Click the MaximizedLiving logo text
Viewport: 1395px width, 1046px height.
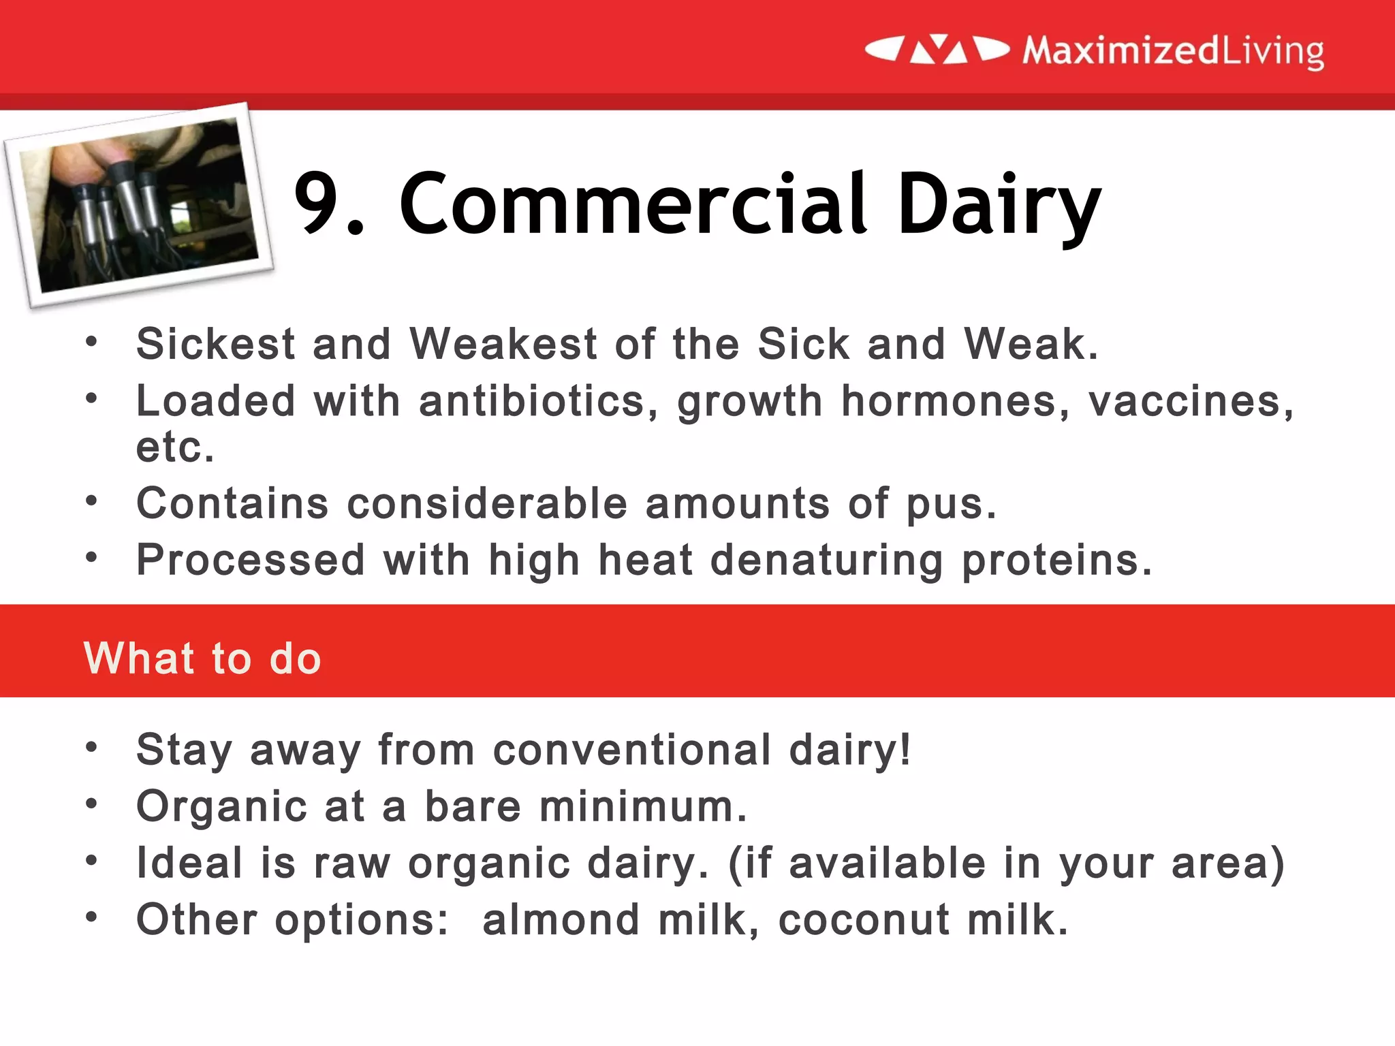pos(1173,50)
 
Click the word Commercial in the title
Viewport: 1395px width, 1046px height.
pos(633,204)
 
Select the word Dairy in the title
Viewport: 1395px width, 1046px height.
pos(999,204)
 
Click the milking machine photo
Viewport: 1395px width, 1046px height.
pos(139,204)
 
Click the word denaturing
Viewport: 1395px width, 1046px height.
pos(826,561)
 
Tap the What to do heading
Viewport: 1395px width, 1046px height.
pos(202,659)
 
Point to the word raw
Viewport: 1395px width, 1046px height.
pos(351,863)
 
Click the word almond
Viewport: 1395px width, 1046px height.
pos(561,920)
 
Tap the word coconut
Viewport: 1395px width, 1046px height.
pos(864,920)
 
